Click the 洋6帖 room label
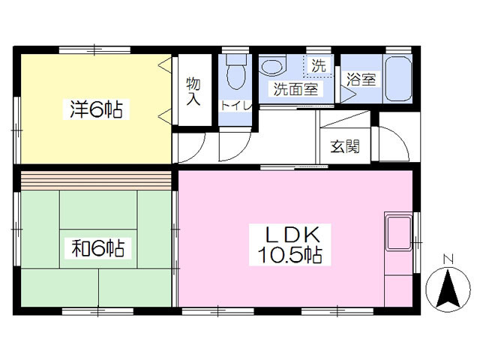[94, 109]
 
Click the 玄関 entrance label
[344, 145]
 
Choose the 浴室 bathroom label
[361, 79]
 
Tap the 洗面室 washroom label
[295, 90]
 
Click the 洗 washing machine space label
[319, 65]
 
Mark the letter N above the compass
[448, 260]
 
